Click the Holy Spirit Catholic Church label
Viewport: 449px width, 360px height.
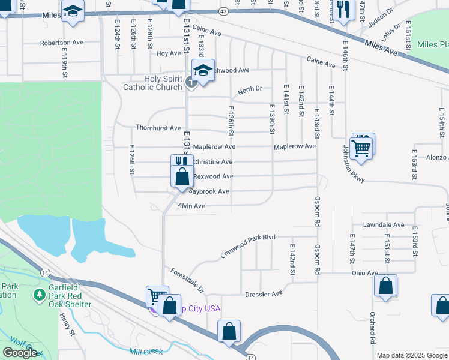[152, 83]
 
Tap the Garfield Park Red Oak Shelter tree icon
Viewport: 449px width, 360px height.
[40, 295]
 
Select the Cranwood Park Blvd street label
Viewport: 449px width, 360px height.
[247, 246]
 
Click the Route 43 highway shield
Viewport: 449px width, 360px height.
[223, 11]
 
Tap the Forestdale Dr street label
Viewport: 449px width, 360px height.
[187, 280]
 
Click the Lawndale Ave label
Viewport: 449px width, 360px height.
[384, 225]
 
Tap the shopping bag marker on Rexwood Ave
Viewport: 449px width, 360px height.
[181, 176]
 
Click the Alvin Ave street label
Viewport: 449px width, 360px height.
[191, 206]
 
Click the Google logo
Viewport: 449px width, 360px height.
[20, 353]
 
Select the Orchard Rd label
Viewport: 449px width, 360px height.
[373, 331]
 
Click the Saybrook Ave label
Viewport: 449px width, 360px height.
[209, 191]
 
